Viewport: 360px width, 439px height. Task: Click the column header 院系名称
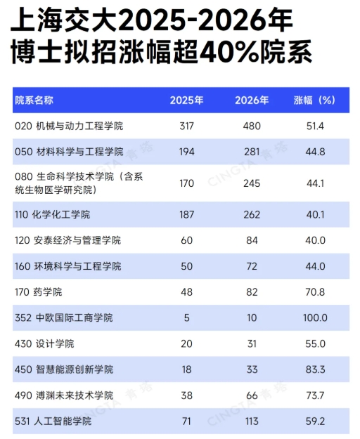pos(34,100)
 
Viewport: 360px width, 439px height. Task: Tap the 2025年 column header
pos(186,100)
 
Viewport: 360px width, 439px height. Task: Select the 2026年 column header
pos(251,100)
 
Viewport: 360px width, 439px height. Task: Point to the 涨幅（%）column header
pos(314,100)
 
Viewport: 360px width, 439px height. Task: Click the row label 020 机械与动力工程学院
pos(68,126)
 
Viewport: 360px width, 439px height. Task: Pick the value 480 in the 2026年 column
pos(251,126)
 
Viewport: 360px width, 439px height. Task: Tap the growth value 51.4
pos(314,126)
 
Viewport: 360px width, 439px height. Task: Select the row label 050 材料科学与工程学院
pos(68,152)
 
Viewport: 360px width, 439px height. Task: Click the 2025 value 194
pos(186,152)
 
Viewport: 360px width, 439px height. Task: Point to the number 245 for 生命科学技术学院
pos(251,183)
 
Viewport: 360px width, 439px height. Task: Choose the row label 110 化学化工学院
pos(52,214)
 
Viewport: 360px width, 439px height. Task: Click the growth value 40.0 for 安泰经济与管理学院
pos(314,240)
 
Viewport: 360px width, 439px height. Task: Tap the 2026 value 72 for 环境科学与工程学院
pos(251,266)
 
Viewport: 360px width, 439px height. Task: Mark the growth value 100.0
pos(314,318)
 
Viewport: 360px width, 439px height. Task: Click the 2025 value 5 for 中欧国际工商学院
pos(186,318)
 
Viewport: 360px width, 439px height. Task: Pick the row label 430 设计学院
pos(44,344)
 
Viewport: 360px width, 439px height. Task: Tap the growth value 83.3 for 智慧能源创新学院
pos(314,369)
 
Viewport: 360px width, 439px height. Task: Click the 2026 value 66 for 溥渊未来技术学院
pos(251,395)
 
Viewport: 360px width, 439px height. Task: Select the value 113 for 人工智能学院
pos(251,421)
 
